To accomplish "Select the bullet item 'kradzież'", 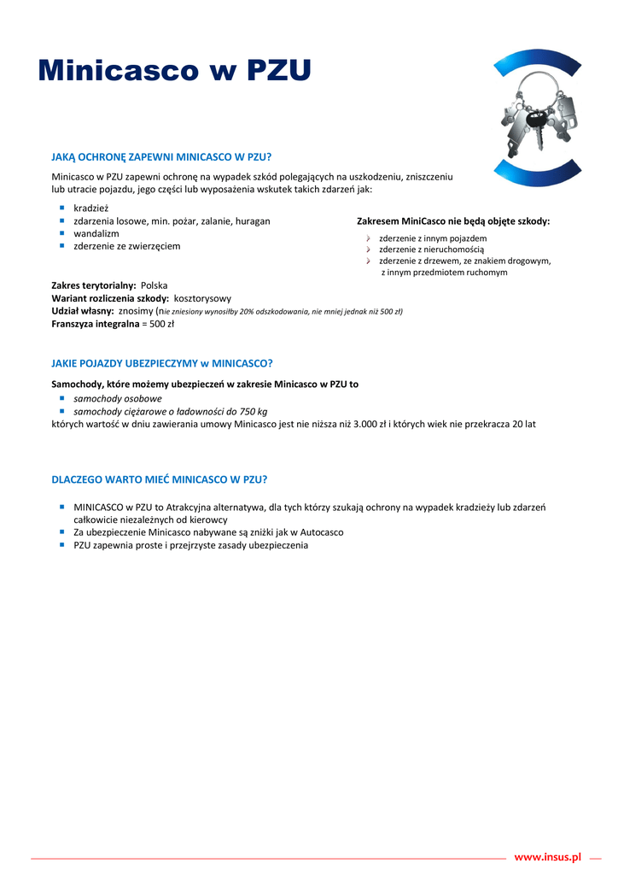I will click(91, 208).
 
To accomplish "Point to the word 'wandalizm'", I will click(96, 233).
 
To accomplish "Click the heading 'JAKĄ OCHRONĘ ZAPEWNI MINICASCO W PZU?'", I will click(161, 156).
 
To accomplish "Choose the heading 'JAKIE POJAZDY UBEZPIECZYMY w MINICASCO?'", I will click(162, 362).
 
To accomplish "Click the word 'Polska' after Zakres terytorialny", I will click(154, 285).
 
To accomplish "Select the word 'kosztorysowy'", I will click(202, 298).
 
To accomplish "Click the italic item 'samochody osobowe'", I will click(118, 398).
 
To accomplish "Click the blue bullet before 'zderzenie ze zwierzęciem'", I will click(62, 245).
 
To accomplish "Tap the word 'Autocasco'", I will click(320, 532).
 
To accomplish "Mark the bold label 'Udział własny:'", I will click(83, 311).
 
